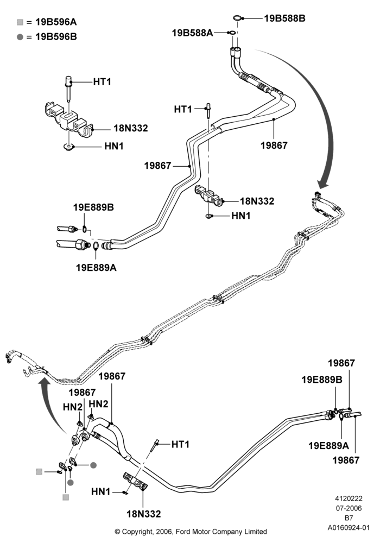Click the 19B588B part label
[284, 18]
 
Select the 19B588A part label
[192, 33]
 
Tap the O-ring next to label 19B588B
[237, 17]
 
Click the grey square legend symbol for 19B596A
[20, 22]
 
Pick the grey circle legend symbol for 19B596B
[20, 37]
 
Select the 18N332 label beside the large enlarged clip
[130, 128]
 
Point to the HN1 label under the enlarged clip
[114, 146]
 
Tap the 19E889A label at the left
[96, 268]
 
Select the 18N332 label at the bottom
[144, 514]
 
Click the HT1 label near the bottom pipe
[180, 444]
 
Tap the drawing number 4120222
[349, 498]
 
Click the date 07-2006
[349, 508]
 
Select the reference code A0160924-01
[349, 528]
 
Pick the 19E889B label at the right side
[322, 380]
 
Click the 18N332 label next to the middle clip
[257, 201]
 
